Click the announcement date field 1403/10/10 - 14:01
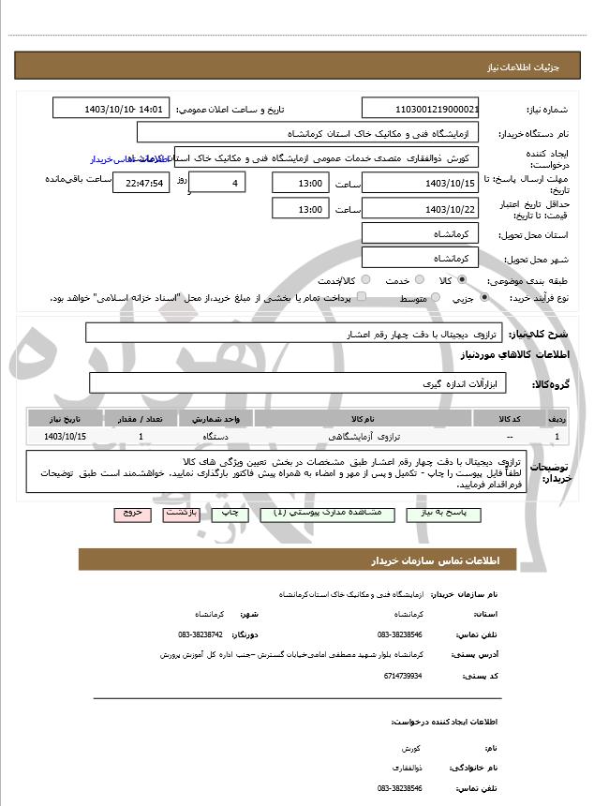111,109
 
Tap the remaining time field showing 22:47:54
141,183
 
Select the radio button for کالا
461,280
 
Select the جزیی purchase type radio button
483,297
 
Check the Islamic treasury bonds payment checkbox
362,297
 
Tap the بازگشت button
179,515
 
